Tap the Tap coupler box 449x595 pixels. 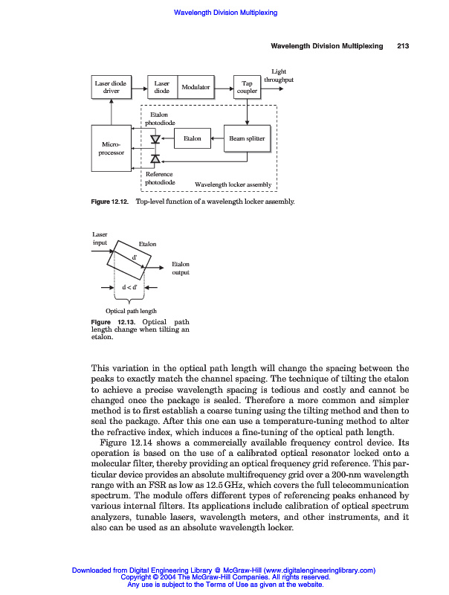(x=248, y=87)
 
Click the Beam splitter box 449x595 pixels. (x=247, y=138)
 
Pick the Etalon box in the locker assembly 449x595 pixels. (x=192, y=138)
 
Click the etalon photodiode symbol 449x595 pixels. (x=155, y=139)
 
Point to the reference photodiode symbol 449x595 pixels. (x=155, y=158)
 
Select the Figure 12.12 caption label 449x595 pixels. (x=110, y=202)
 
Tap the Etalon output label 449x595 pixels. (x=181, y=268)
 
